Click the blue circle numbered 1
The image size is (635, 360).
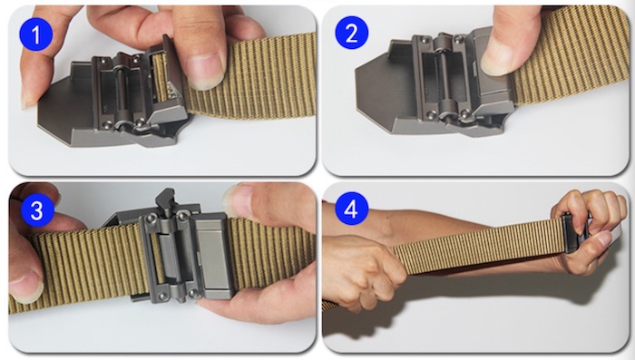pyautogui.click(x=35, y=34)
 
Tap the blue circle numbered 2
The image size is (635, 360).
pyautogui.click(x=352, y=33)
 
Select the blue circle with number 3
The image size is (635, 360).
pyautogui.click(x=36, y=210)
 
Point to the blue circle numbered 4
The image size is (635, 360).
pyautogui.click(x=352, y=209)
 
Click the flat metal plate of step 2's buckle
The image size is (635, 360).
pyautogui.click(x=378, y=94)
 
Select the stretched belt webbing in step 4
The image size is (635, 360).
pyautogui.click(x=478, y=245)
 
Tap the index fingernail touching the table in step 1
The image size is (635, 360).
pyautogui.click(x=27, y=100)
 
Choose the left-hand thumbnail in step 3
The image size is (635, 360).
pyautogui.click(x=26, y=286)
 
